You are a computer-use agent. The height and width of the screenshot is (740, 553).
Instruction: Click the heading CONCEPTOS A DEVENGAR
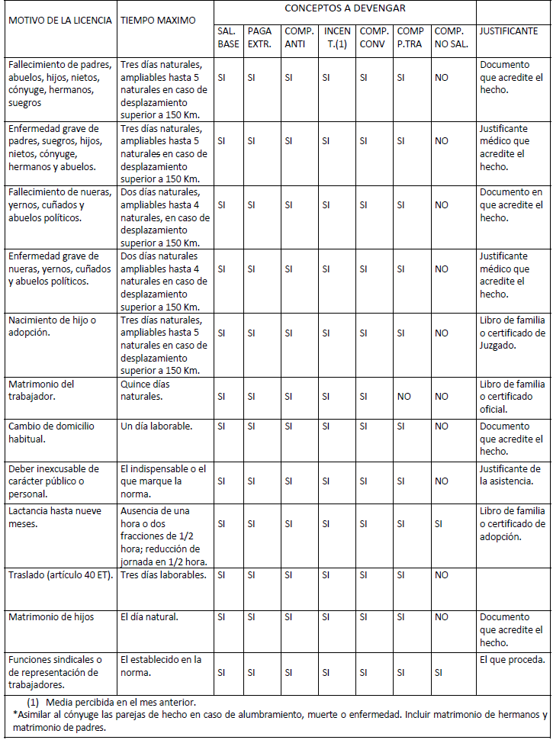[345, 8]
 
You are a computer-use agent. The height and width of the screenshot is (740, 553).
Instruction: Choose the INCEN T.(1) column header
[336, 37]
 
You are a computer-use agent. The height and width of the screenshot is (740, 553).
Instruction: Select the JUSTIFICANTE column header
[509, 31]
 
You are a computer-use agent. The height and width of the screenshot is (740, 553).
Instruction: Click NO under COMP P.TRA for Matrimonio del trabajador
[403, 397]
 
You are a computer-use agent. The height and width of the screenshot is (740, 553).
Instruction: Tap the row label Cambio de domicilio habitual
[51, 433]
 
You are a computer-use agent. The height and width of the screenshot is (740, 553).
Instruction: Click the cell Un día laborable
[156, 426]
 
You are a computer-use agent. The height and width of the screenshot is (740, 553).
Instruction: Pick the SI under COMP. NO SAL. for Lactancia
[440, 524]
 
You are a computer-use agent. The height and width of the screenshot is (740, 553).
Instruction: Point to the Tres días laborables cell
[163, 574]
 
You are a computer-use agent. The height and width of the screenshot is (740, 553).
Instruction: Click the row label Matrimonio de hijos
[51, 616]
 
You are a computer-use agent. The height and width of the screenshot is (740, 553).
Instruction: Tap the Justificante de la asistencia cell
[510, 475]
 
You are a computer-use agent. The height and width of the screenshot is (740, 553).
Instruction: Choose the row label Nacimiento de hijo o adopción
[52, 326]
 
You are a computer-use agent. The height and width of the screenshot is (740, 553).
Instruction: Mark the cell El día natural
[150, 616]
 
